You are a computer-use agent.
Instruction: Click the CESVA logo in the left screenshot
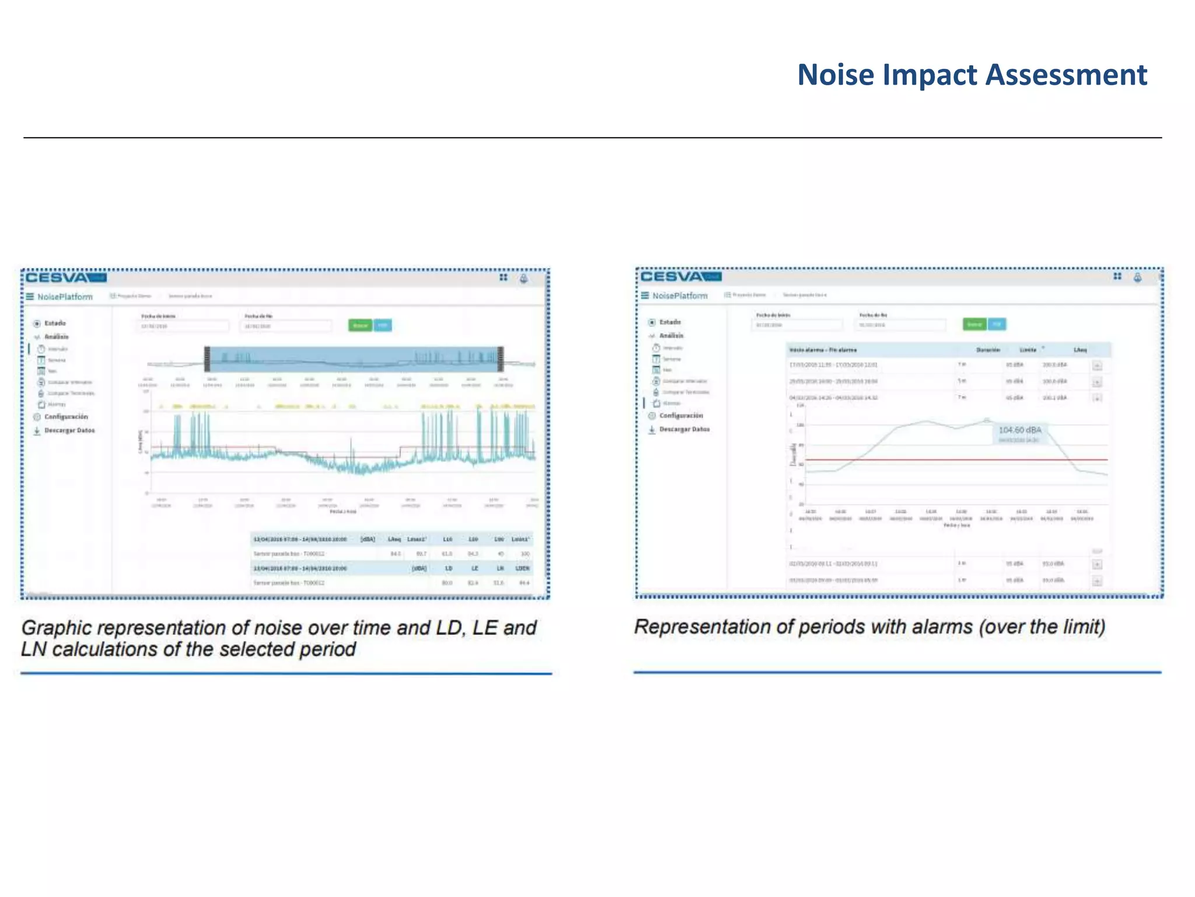click(x=57, y=277)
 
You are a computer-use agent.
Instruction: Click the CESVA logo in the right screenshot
click(x=672, y=276)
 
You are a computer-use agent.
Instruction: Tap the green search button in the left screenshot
click(x=360, y=325)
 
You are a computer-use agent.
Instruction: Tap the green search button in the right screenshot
click(x=974, y=324)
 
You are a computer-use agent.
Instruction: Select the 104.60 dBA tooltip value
click(x=1019, y=430)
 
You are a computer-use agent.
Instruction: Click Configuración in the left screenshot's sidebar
click(x=66, y=417)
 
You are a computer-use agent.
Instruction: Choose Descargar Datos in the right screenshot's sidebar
click(x=684, y=429)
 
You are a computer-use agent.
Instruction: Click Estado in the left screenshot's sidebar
click(x=55, y=323)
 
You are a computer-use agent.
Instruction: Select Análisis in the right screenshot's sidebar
click(x=671, y=336)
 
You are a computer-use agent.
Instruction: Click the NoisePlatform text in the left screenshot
click(x=65, y=297)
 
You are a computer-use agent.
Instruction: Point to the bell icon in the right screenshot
click(x=1137, y=277)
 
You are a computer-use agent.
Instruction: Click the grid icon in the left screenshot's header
click(x=503, y=277)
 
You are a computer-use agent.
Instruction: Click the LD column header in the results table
click(x=449, y=568)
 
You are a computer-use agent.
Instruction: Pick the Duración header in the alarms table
click(x=988, y=350)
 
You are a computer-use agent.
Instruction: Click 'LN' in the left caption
click(x=33, y=649)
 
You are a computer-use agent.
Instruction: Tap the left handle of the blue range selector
click(x=207, y=359)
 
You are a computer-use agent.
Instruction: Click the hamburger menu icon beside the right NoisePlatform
click(x=645, y=295)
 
